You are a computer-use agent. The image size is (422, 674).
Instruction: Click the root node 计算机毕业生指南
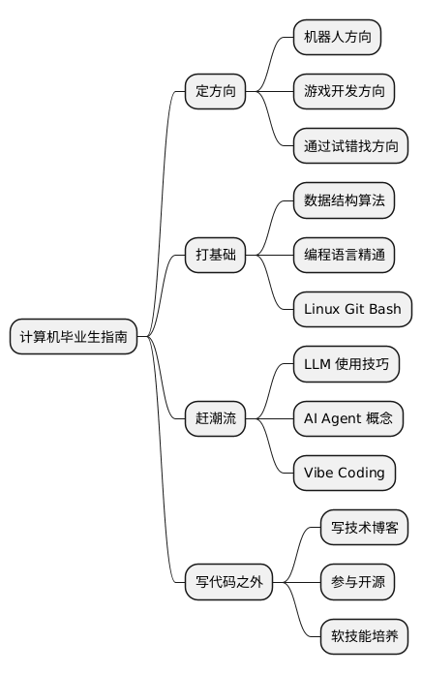click(73, 337)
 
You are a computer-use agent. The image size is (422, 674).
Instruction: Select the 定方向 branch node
click(215, 92)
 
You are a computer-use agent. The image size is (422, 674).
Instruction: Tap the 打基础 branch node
click(215, 256)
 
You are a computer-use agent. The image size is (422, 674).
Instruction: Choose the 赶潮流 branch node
click(215, 419)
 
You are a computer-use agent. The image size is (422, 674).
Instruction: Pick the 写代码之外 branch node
click(228, 583)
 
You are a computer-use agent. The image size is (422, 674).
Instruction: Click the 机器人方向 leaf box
click(337, 38)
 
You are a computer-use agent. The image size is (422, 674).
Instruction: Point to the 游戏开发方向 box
click(344, 92)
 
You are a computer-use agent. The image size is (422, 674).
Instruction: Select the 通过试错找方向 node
click(350, 146)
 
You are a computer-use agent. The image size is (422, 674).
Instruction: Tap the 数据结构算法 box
click(344, 201)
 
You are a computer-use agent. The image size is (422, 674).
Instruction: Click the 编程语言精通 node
click(344, 256)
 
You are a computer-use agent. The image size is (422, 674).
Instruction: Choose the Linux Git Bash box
click(352, 310)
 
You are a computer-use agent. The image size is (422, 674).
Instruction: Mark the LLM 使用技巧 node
click(345, 364)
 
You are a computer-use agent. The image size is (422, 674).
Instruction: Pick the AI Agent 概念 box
click(347, 419)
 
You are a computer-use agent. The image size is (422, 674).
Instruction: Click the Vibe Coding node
click(344, 474)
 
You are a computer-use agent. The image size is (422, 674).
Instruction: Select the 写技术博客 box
click(364, 529)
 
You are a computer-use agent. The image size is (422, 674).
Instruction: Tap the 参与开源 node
click(357, 583)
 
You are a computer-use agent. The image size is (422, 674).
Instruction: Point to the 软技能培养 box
click(364, 637)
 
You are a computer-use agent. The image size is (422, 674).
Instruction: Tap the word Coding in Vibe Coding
click(361, 474)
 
